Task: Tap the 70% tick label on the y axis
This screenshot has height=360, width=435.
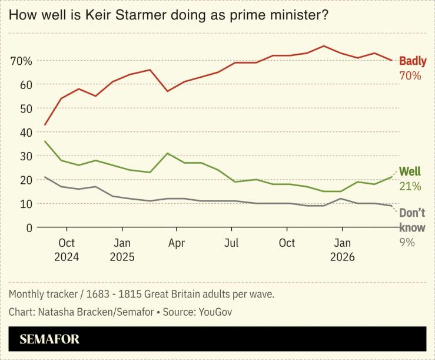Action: coord(21,61)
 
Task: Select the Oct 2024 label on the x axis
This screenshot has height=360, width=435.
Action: coord(67,250)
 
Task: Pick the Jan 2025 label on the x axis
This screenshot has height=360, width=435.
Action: coord(122,250)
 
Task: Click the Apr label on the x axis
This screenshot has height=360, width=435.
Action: coord(177,243)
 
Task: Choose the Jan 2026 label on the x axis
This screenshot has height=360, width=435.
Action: coord(343,250)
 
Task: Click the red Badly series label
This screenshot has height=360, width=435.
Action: coord(413,61)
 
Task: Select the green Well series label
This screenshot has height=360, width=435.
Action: coord(410,171)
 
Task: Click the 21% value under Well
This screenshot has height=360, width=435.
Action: coord(410,186)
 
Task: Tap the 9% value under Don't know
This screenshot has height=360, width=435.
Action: coord(407,242)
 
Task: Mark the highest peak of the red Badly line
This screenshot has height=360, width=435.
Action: coord(324,46)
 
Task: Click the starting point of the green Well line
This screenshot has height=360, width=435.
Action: coord(45,141)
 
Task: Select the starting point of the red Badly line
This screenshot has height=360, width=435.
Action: coord(45,125)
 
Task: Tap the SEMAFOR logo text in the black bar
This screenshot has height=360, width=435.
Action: coord(49,339)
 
